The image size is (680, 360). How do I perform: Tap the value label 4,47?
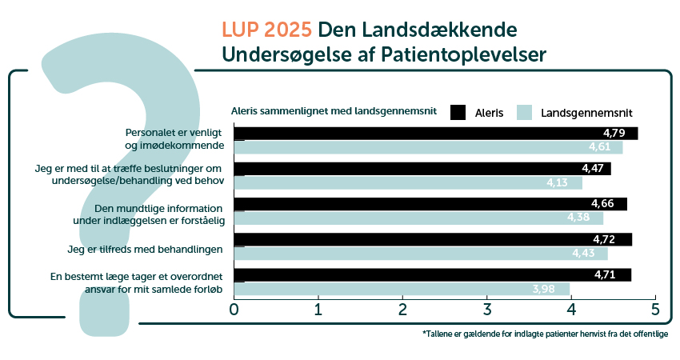[x=592, y=168]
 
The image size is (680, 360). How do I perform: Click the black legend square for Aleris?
[x=458, y=113]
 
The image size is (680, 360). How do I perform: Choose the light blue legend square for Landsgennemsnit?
[x=525, y=113]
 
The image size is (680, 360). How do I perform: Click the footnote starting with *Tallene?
[x=544, y=334]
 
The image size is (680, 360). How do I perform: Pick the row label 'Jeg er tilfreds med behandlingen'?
[x=145, y=250]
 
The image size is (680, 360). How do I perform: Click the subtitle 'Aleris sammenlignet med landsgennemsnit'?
[x=333, y=111]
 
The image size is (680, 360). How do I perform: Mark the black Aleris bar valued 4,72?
[x=432, y=239]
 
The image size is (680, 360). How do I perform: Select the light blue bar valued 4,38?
[x=416, y=218]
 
